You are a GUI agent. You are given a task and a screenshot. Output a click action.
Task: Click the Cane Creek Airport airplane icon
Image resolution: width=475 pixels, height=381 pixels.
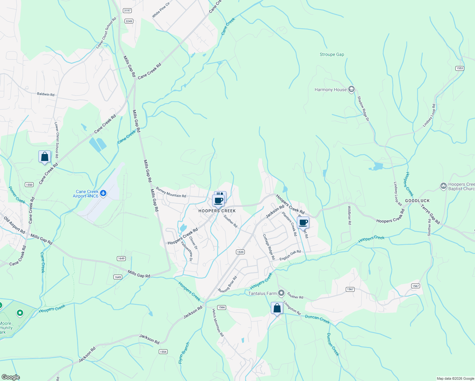click(103, 193)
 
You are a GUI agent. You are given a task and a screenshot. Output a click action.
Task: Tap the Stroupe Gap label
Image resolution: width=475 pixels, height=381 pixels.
click(332, 55)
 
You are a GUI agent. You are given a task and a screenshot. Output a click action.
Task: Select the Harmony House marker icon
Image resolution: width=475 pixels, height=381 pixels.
click(351, 90)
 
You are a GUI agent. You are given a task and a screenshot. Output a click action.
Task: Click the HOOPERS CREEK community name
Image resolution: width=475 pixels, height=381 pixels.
click(217, 211)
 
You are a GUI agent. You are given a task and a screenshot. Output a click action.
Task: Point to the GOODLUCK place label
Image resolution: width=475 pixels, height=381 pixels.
click(417, 201)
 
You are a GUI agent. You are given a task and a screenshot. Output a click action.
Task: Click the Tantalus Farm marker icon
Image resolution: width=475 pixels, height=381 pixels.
click(281, 293)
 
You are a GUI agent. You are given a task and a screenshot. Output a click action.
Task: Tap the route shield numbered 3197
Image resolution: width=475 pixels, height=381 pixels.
click(127, 10)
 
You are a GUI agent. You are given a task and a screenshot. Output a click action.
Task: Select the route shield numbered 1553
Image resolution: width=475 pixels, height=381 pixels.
click(459, 68)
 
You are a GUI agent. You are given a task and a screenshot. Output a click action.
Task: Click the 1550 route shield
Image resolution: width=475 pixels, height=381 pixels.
click(29, 184)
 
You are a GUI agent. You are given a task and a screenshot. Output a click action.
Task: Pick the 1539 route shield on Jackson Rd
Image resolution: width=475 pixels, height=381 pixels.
click(240, 252)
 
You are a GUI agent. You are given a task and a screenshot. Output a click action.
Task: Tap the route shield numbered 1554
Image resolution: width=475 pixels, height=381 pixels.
click(163, 351)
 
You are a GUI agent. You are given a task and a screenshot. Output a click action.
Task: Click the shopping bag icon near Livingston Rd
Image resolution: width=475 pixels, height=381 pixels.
click(277, 308)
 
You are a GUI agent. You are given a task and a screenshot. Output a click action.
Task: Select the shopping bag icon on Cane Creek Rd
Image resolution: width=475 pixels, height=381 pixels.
click(45, 157)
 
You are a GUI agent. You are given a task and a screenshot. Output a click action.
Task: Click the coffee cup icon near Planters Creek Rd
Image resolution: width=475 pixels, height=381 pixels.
click(303, 223)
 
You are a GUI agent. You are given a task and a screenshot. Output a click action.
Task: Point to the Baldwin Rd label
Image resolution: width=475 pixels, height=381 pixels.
click(46, 94)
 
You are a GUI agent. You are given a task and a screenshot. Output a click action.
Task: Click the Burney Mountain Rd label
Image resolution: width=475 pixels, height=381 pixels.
click(171, 193)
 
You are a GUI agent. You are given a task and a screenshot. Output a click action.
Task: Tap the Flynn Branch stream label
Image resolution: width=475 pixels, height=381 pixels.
click(184, 353)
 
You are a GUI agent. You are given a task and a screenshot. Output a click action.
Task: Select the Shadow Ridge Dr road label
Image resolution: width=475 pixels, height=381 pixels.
click(363, 109)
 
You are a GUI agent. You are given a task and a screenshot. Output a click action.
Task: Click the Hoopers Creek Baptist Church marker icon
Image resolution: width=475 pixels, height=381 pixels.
click(444, 186)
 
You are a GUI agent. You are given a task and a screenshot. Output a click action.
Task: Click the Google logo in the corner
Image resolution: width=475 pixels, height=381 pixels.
click(10, 377)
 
